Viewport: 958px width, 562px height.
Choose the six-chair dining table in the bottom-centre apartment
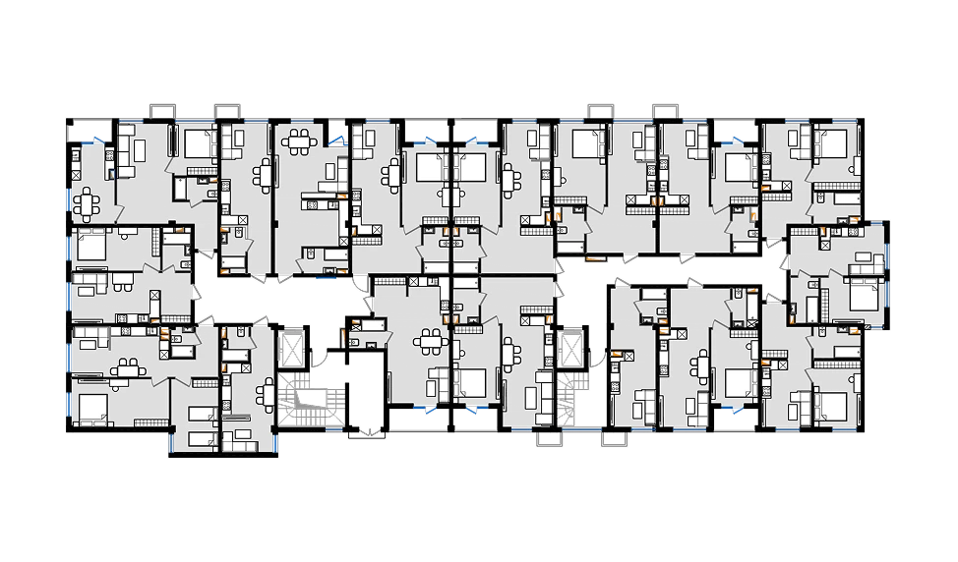coord(430,343)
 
